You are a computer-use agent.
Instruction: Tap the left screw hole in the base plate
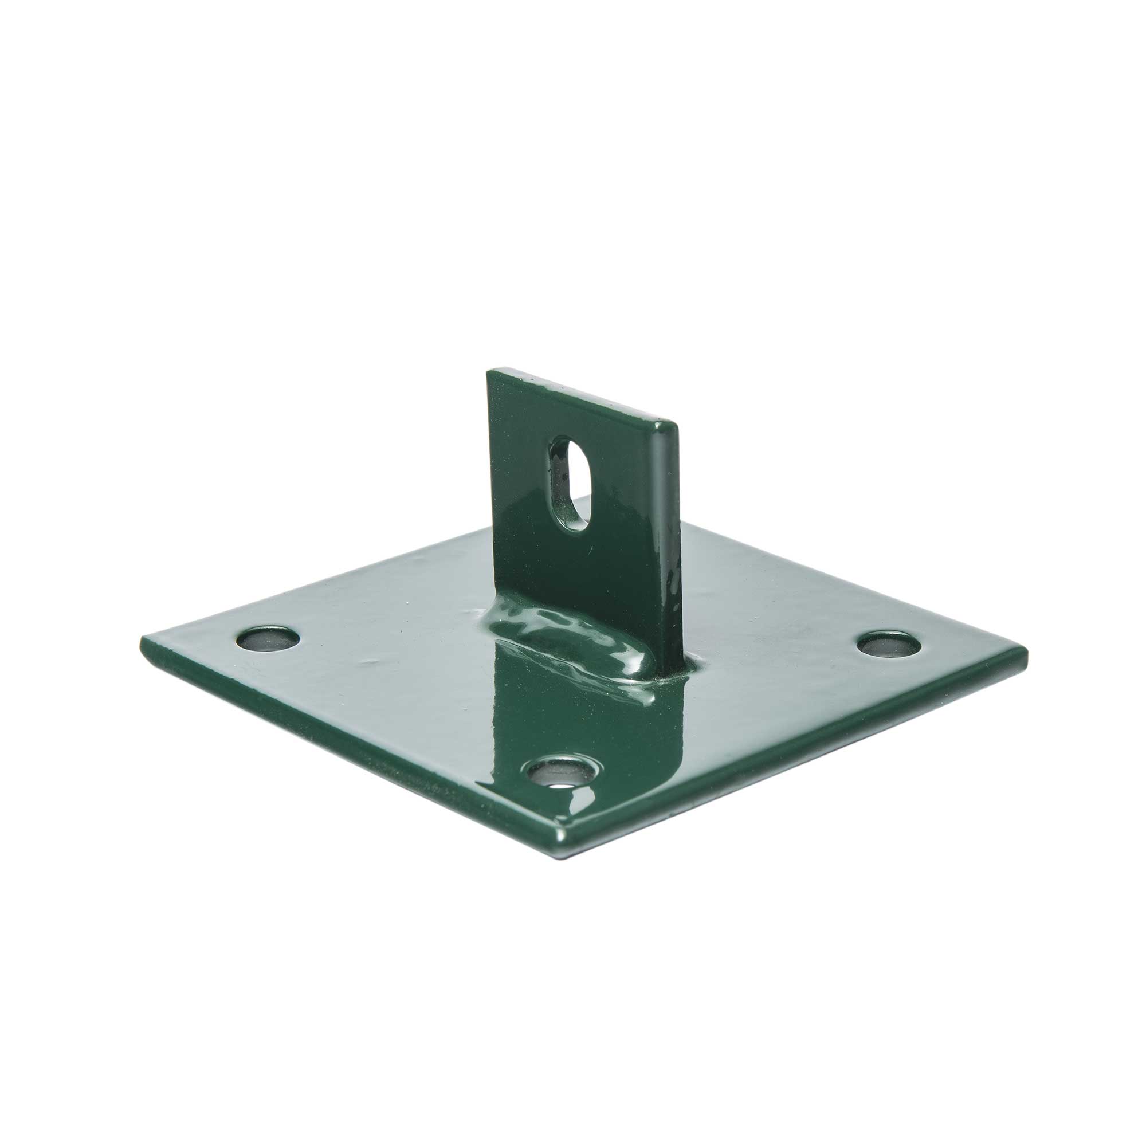[x=268, y=639]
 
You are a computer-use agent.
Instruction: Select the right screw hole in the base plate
[x=890, y=644]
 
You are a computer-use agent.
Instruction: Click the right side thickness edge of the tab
[x=669, y=534]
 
